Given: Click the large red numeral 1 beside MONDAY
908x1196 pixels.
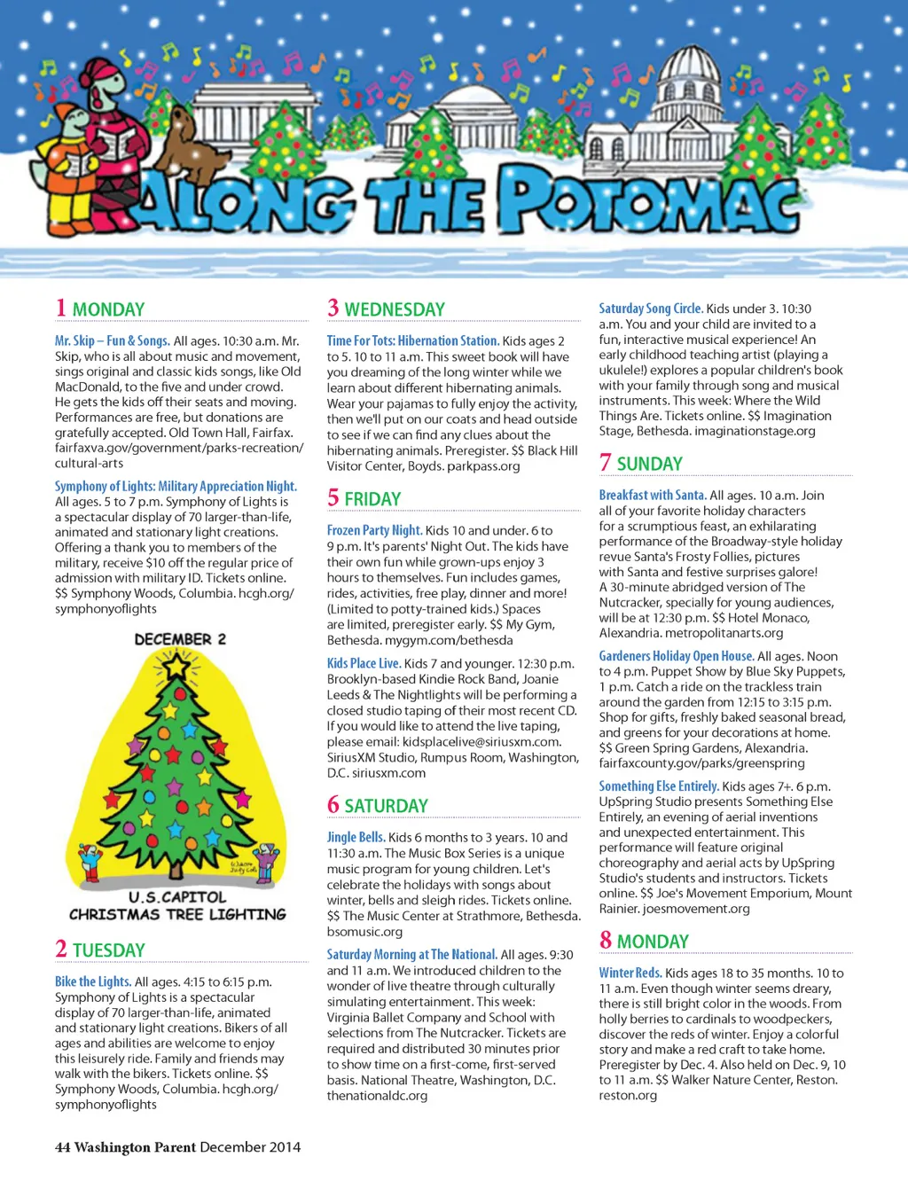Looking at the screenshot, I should tap(61, 308).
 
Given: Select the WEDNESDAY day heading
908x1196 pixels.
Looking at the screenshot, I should tap(395, 309).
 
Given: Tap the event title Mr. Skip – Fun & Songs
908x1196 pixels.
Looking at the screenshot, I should tap(112, 340).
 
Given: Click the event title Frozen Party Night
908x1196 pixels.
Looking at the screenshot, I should tap(374, 530).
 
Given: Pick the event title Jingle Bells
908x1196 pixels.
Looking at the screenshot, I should tap(356, 837).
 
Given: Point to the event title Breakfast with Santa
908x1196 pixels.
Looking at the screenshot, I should tap(652, 495).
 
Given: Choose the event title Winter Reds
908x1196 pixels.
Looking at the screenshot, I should tap(630, 973).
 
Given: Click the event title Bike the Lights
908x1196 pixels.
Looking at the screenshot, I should tap(93, 981).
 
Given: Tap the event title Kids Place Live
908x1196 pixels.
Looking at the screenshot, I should tap(364, 663).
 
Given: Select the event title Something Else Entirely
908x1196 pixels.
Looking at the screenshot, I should tap(658, 786).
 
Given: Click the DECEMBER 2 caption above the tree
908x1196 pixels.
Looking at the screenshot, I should tap(180, 639).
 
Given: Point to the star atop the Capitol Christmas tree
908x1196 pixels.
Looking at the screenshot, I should tap(178, 663).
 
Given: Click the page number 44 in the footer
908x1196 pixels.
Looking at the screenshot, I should tap(62, 1147).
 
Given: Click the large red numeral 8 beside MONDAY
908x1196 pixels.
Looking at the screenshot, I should tap(606, 940).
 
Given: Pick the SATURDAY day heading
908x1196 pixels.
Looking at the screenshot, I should tap(386, 806).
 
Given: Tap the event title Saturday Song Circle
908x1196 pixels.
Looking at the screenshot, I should tap(650, 309).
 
